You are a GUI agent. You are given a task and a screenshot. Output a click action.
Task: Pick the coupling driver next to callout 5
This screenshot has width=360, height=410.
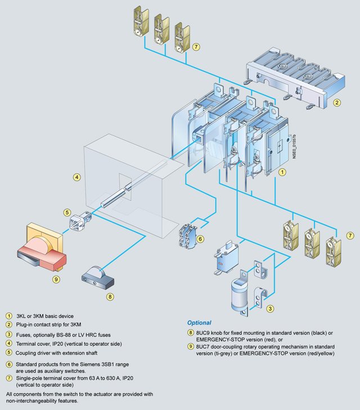pyautogui.click(x=79, y=221)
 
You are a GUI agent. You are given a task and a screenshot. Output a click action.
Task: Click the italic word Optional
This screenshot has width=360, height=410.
pyautogui.click(x=199, y=323)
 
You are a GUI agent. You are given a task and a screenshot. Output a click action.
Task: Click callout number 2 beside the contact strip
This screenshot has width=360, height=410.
pyautogui.click(x=336, y=102)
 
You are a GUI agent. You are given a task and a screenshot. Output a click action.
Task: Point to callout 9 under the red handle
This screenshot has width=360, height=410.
pyautogui.click(x=56, y=278)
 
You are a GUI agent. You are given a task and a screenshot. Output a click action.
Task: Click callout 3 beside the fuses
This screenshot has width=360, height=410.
pyautogui.click(x=270, y=308)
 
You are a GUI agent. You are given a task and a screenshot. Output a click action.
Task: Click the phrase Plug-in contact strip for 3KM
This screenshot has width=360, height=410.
pyautogui.click(x=51, y=324)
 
